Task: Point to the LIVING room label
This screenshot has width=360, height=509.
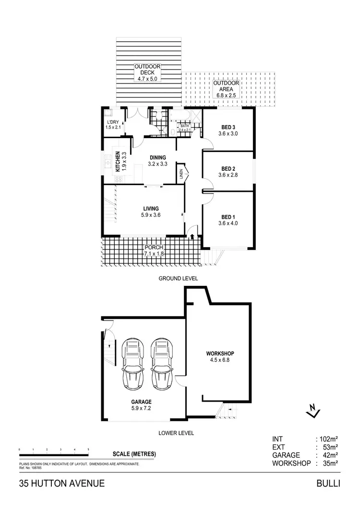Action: coord(151,208)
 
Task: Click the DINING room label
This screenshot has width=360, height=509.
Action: coord(157,157)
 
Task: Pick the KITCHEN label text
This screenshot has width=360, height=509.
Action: coord(117,162)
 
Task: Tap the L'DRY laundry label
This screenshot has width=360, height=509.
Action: coord(112,122)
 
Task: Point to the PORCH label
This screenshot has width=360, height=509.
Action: coord(154,248)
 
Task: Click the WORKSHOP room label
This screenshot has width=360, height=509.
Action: coord(221,354)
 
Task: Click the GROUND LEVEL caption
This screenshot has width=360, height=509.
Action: coord(178,278)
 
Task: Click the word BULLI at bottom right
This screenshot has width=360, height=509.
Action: coord(328,483)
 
